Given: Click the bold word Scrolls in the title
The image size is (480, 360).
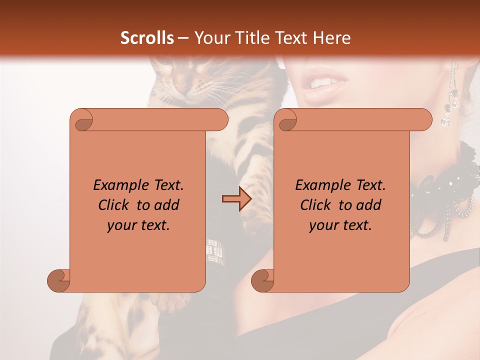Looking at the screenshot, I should [147, 37].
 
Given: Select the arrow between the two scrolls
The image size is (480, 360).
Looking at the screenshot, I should [236, 199].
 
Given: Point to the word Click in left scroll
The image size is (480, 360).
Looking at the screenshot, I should [115, 205].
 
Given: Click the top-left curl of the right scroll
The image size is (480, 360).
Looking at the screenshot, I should [287, 120].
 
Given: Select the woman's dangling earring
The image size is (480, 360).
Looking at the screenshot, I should [451, 97].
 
